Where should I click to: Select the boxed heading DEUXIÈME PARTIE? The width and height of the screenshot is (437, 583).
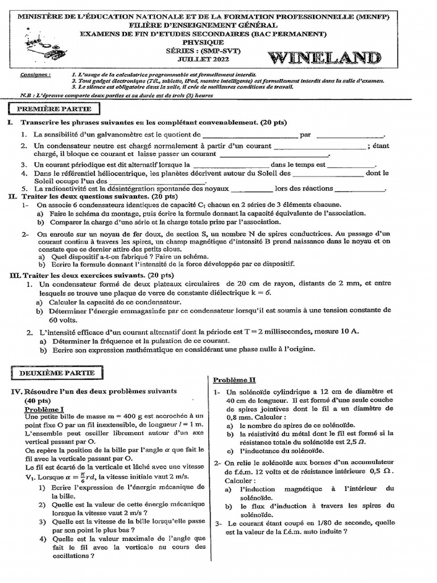click(x=55, y=373)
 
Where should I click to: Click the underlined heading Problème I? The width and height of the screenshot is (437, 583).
click(x=44, y=409)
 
